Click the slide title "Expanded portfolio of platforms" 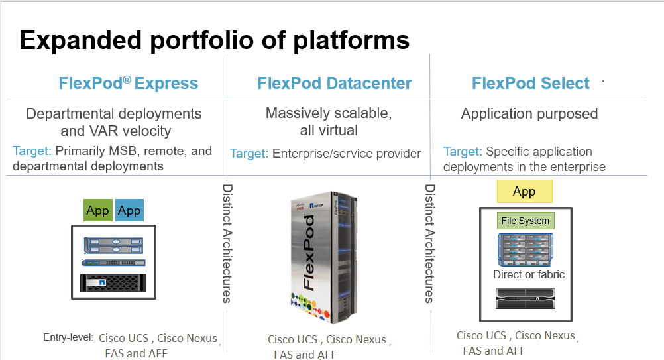(214, 40)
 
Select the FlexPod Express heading (128, 84)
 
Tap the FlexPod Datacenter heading (335, 84)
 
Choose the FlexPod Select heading (530, 84)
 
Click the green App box (97, 211)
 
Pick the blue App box (129, 211)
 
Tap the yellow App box (524, 192)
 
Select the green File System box (525, 221)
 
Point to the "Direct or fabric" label (529, 274)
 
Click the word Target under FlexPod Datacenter (249, 154)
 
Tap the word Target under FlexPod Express (32, 150)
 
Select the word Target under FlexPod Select (463, 152)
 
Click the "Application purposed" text (529, 114)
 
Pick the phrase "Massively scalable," (329, 113)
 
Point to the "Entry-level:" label (68, 338)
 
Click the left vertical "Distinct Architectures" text (227, 243)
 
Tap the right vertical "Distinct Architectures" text (429, 243)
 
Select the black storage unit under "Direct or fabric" (525, 298)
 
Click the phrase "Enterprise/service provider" (347, 154)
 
